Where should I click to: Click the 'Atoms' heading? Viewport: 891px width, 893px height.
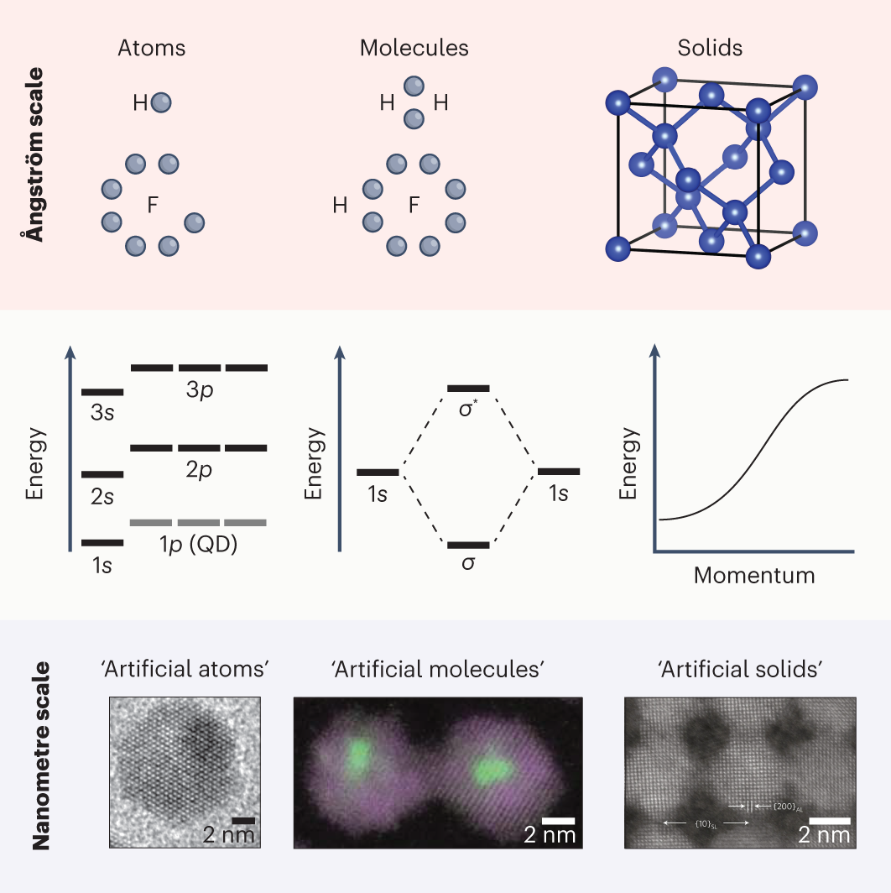point(152,48)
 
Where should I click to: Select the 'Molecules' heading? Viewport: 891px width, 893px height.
point(414,48)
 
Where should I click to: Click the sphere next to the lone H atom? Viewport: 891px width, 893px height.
point(161,102)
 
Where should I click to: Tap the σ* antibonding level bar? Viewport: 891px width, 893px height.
point(468,389)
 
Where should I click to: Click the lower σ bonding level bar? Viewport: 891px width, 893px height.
point(468,545)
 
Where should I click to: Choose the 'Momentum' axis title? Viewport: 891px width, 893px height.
point(754,576)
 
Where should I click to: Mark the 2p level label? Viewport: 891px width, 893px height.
point(199,469)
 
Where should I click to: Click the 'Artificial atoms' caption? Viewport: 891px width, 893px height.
point(184,670)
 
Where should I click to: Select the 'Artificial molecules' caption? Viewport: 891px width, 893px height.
point(439,670)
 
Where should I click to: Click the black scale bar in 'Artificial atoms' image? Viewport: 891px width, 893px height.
point(243,819)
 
